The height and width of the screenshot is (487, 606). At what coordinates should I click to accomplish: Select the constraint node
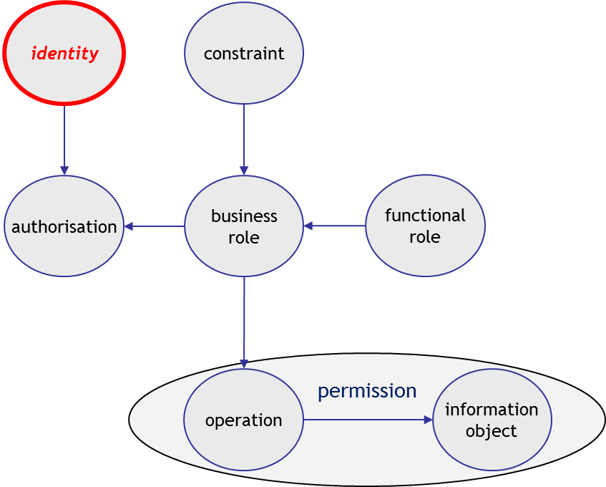[244, 54]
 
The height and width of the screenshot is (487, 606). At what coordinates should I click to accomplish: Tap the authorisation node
[64, 227]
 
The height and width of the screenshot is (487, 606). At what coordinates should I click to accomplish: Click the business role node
[244, 226]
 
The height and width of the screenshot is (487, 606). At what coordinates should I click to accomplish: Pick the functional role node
[425, 226]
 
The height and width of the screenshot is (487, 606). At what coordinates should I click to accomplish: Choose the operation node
[244, 420]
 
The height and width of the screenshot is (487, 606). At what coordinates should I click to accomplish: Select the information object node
[492, 420]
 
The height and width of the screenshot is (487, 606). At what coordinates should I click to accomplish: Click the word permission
[367, 391]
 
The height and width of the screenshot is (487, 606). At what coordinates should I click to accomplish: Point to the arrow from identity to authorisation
[64, 140]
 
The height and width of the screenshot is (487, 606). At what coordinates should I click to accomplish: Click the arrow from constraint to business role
[244, 140]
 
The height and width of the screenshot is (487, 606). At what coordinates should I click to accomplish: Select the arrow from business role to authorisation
[155, 227]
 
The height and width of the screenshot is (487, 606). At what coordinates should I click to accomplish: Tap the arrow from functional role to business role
[335, 226]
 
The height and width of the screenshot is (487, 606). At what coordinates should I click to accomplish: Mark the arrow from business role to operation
[244, 322]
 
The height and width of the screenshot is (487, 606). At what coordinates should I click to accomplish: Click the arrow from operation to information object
[368, 420]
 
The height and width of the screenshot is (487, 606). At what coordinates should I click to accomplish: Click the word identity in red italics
[64, 54]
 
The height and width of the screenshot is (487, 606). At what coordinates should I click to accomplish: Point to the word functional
[425, 216]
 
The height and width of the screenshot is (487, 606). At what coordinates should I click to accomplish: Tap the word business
[244, 216]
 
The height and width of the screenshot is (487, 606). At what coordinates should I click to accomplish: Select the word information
[492, 410]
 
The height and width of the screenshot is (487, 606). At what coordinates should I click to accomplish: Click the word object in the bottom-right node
[492, 431]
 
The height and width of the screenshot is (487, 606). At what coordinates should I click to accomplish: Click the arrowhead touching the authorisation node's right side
[129, 227]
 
